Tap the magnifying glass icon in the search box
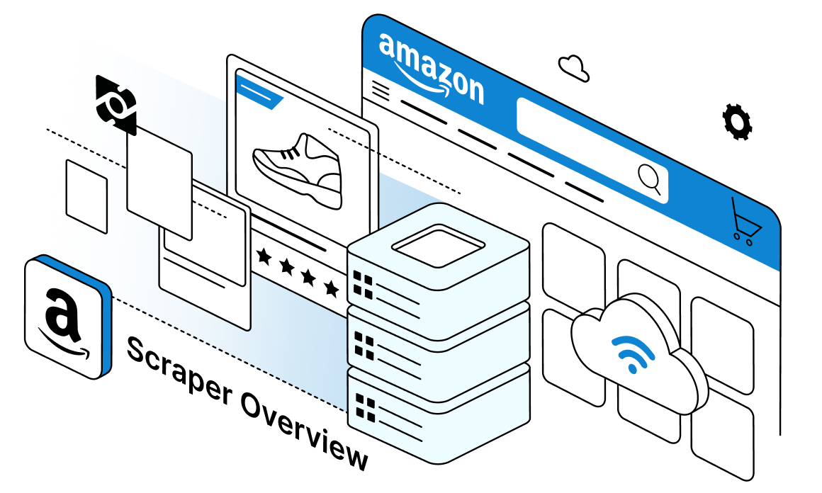click(649, 177)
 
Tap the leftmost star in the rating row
click(264, 256)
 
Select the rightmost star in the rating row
click(331, 288)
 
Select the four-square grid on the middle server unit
click(364, 346)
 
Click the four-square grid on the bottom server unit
click(365, 408)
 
